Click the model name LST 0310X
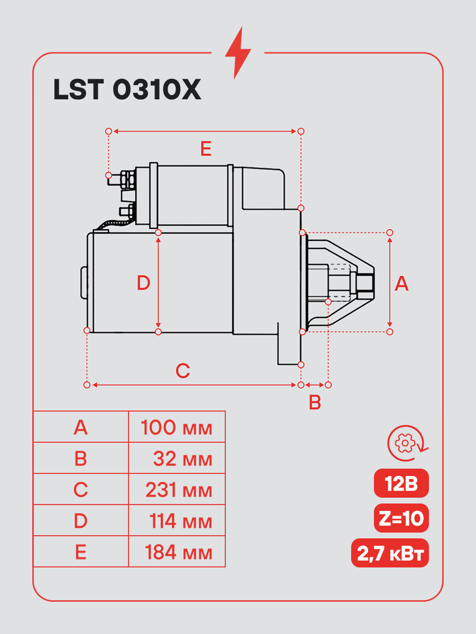127,89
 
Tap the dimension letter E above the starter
206,149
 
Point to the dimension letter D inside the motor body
143,283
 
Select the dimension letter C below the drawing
182,370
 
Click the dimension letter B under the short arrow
315,403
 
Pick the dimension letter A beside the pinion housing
402,284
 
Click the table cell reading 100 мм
177,427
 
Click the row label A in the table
80,427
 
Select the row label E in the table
80,553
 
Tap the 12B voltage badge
401,483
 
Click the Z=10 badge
401,518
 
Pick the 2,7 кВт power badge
390,553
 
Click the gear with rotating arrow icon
407,443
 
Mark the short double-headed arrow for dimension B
315,385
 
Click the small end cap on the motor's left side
84,283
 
